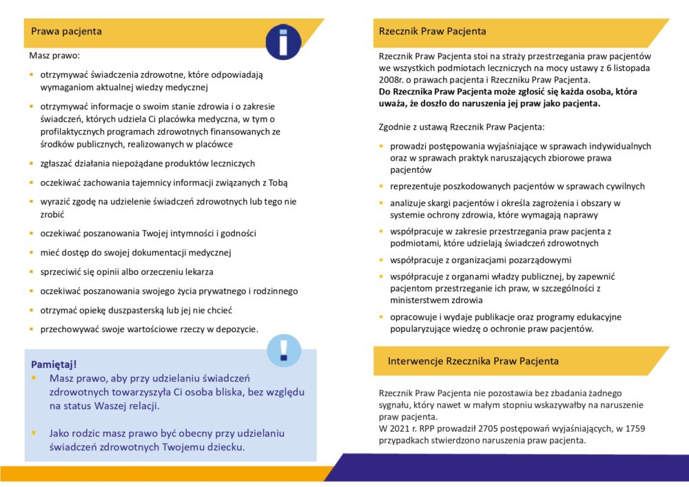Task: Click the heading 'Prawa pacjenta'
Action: (x=67, y=31)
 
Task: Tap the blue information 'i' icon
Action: (x=284, y=41)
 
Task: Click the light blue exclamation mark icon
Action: (x=283, y=351)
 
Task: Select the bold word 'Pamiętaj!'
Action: (x=54, y=364)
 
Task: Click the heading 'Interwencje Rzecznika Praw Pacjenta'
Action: (x=473, y=360)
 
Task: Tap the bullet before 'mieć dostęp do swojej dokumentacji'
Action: (x=32, y=252)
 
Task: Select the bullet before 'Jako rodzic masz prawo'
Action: (x=34, y=433)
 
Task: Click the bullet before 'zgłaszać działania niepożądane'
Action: (x=32, y=163)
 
